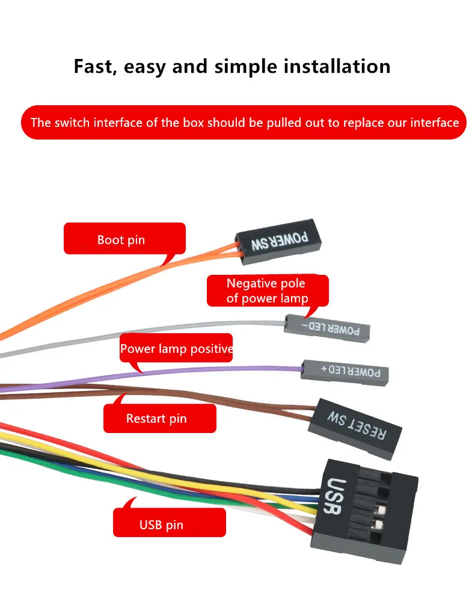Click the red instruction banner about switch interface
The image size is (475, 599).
[x=244, y=122]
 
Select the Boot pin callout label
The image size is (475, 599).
[x=124, y=239]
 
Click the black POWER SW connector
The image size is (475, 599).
[x=278, y=241]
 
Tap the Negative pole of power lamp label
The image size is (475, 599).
[x=268, y=290]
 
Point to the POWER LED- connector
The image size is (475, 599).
[x=327, y=328]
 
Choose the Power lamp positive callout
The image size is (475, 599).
[x=176, y=348]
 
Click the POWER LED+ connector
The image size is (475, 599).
[x=345, y=372]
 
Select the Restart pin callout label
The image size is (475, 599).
[x=159, y=419]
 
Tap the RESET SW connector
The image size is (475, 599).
[x=355, y=429]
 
